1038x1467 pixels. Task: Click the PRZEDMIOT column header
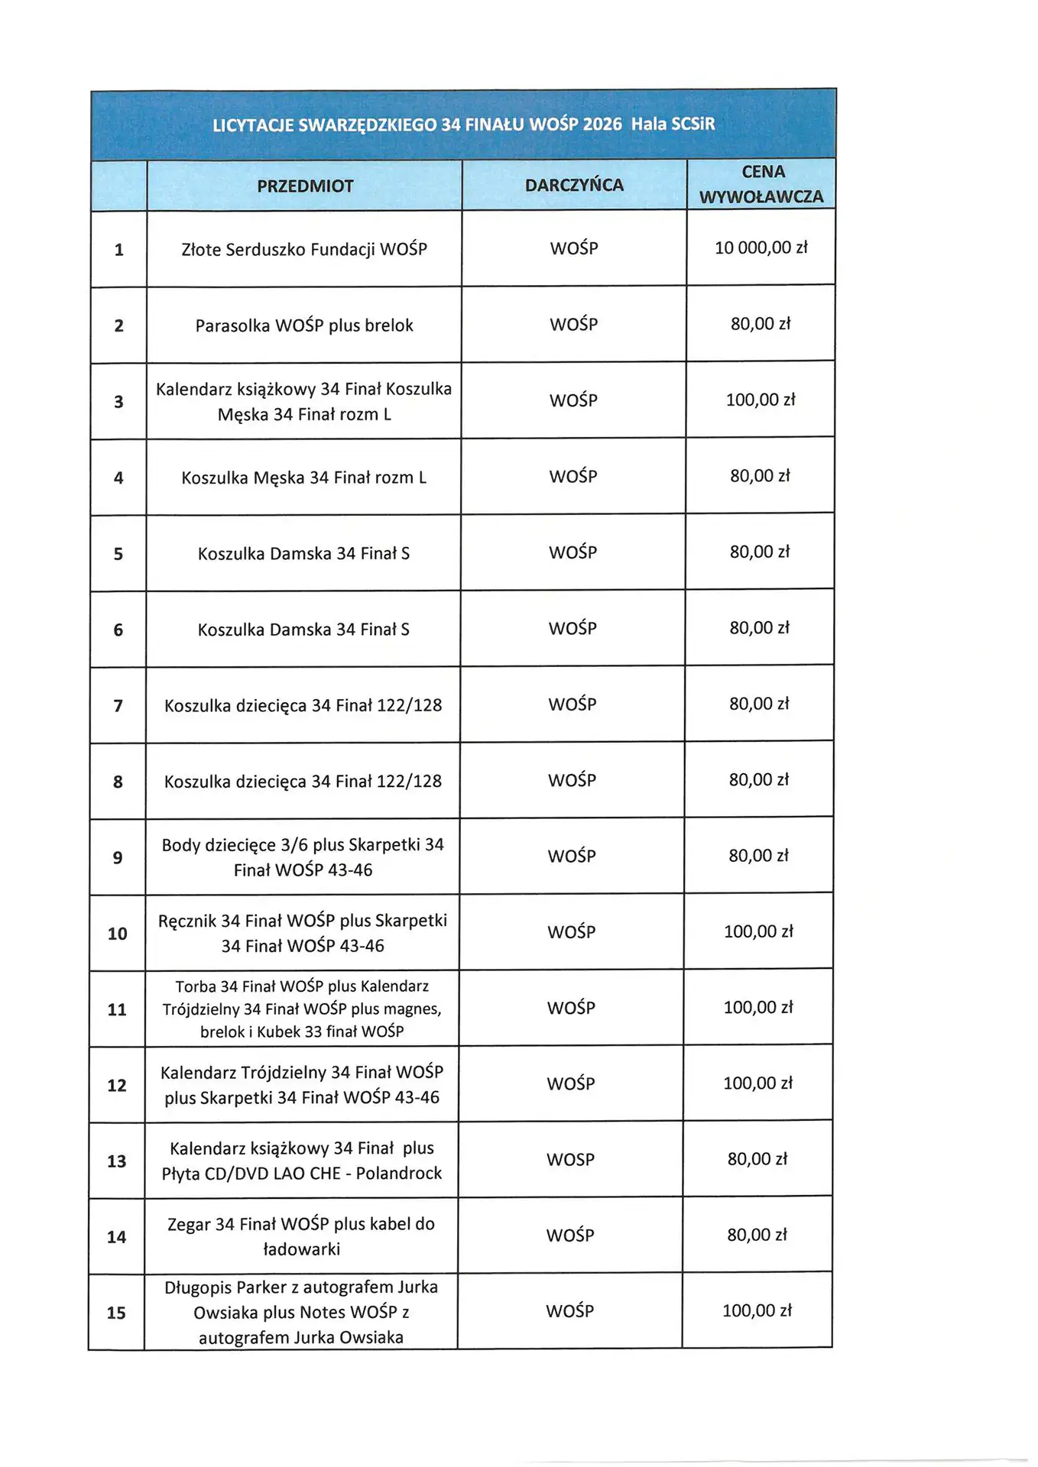click(x=305, y=186)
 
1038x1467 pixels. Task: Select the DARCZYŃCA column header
click(x=574, y=185)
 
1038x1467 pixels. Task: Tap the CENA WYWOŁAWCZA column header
click(x=761, y=184)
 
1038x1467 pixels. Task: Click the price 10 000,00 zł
click(x=761, y=248)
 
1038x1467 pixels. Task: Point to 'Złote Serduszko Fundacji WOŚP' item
click(x=304, y=249)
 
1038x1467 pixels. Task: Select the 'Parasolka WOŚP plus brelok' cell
click(x=304, y=325)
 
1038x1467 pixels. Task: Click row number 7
click(x=118, y=706)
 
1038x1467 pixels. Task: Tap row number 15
click(x=116, y=1313)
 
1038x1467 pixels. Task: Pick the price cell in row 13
click(x=757, y=1159)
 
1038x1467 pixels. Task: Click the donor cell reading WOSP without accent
click(x=570, y=1160)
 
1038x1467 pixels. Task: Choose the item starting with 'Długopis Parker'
click(x=301, y=1312)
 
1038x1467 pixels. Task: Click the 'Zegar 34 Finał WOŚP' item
click(x=301, y=1236)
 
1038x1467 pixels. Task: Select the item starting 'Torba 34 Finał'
click(x=302, y=1009)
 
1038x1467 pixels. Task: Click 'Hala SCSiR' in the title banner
click(x=673, y=124)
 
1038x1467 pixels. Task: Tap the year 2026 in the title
click(x=602, y=125)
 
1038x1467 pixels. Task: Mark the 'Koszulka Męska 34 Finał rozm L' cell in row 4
click(x=304, y=478)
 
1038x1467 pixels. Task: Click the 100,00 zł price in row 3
click(x=761, y=400)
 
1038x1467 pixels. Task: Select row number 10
click(x=117, y=934)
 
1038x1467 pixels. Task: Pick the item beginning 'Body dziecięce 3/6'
click(x=303, y=857)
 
